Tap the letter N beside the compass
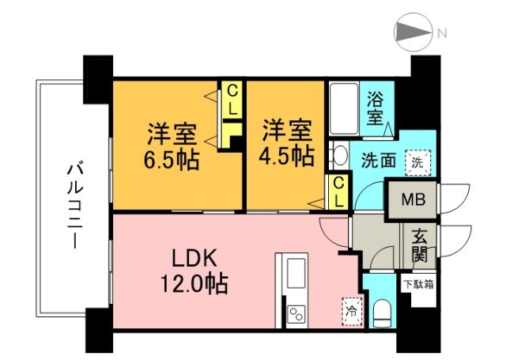[443, 33]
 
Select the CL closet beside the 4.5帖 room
[338, 192]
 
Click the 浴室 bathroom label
[376, 108]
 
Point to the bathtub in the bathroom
[344, 111]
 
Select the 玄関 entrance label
[419, 244]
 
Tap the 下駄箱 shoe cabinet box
[418, 283]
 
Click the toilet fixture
[382, 312]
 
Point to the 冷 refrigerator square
[350, 311]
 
